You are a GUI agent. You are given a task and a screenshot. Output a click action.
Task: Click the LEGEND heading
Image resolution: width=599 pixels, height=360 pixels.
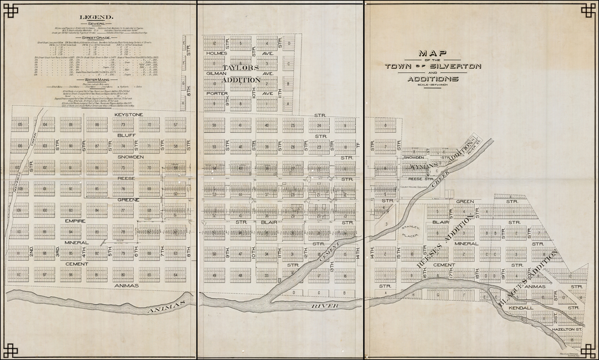click(x=97, y=18)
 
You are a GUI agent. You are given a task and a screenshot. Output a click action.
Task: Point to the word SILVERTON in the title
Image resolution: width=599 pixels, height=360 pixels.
click(x=462, y=66)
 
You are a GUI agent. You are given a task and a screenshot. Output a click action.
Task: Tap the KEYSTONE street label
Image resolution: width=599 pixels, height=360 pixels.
click(x=128, y=114)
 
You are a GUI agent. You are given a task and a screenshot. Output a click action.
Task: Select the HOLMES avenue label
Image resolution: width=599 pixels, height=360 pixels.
click(x=216, y=53)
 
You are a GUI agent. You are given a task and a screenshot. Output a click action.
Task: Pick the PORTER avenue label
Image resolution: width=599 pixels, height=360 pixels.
click(x=216, y=93)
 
